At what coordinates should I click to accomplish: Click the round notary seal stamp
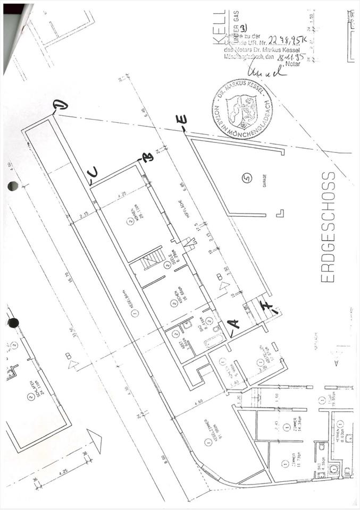point(242,109)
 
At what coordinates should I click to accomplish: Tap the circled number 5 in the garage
point(246,178)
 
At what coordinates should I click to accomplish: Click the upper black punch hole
point(13,185)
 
